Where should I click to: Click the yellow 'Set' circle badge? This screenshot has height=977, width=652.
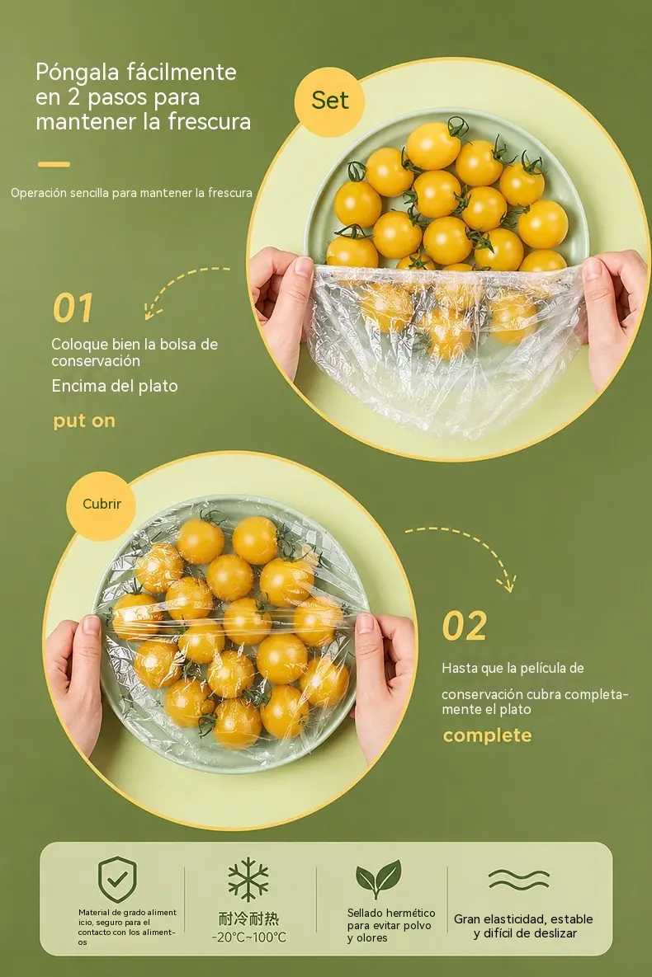pos(329,101)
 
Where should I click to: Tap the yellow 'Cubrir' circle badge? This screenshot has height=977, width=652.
pos(101,505)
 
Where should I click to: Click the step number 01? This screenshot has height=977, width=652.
pos(73,308)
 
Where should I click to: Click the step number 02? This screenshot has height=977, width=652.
pos(464,626)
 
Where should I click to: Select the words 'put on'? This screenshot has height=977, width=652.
pos(84,421)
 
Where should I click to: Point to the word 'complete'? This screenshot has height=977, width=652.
pos(487,735)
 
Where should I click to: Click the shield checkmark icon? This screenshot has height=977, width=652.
pos(117,879)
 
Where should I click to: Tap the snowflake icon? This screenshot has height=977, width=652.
pos(248,879)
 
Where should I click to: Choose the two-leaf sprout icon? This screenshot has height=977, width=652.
pos(378,879)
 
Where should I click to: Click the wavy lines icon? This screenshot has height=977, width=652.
pos(519,879)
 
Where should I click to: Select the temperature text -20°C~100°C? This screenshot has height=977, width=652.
pos(249,937)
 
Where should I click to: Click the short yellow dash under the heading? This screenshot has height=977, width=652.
pos(54,165)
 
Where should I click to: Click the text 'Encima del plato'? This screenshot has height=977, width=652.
pos(115,387)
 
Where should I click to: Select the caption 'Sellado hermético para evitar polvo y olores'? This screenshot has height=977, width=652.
pos(390,925)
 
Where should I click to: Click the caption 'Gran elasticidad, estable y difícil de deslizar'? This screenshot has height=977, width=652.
pos(523,926)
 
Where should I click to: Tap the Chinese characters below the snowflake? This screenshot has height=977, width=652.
pos(249,918)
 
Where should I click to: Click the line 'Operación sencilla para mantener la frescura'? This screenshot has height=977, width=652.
pos(132,193)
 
